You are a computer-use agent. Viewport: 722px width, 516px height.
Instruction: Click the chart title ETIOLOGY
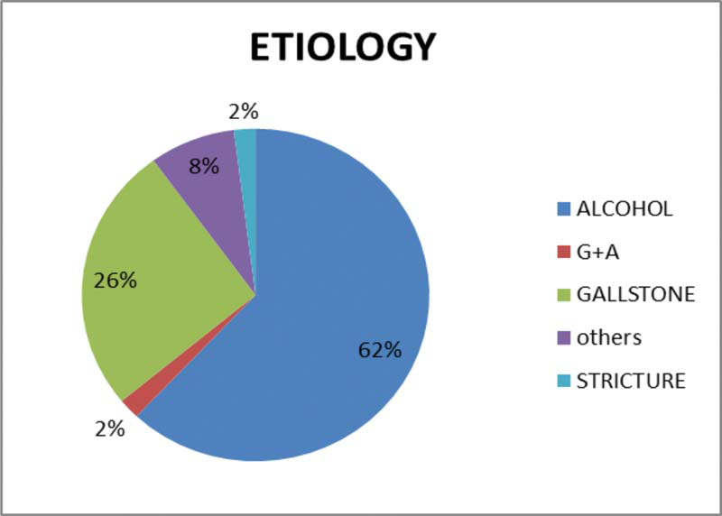pos(343,47)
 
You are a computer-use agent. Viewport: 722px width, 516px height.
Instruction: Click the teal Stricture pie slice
pos(246,184)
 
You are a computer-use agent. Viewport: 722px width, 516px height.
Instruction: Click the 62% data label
pos(380,351)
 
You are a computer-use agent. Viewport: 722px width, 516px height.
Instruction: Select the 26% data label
pos(116,280)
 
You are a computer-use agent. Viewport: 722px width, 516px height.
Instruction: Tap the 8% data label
pos(204,166)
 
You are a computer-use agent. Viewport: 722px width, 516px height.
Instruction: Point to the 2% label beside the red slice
pos(109,429)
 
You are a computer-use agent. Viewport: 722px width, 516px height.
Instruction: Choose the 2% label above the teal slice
pos(243,111)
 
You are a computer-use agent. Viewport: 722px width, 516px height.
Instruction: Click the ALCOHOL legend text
pos(625,209)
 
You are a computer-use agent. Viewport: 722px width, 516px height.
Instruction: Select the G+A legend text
pos(597,252)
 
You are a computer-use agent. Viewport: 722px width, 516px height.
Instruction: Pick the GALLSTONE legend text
pos(636,294)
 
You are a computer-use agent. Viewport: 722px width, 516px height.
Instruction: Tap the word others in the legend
pos(608,337)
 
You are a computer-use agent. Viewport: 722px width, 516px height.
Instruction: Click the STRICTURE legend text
pos(631,381)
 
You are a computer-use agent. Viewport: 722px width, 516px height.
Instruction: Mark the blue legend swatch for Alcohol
pos(563,209)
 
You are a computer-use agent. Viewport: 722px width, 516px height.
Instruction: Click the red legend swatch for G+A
pos(563,252)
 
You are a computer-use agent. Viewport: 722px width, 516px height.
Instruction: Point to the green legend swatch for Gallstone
pos(563,295)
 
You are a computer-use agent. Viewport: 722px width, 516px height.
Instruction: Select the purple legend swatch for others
pos(563,338)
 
